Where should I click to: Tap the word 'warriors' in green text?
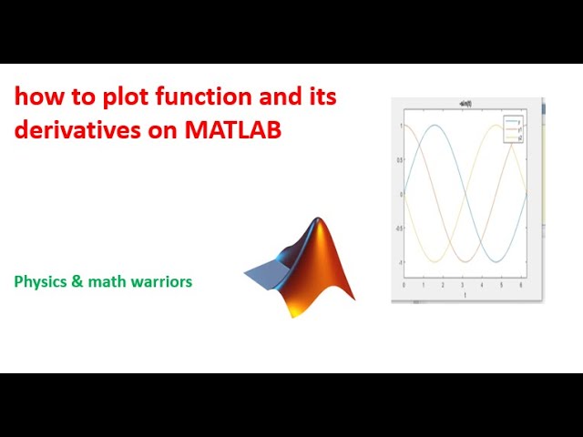pyautogui.click(x=162, y=281)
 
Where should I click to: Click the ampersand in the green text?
pyautogui.click(x=78, y=281)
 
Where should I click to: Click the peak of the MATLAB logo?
pyautogui.click(x=317, y=221)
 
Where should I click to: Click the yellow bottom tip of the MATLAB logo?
pyautogui.click(x=293, y=312)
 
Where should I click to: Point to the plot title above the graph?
pyautogui.click(x=465, y=107)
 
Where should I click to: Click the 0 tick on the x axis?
pyautogui.click(x=404, y=285)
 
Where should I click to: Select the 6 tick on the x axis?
pyautogui.click(x=521, y=285)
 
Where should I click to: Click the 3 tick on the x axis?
pyautogui.click(x=463, y=285)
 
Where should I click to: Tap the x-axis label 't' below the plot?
pyautogui.click(x=465, y=295)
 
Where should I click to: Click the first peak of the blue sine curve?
pyautogui.click(x=435, y=126)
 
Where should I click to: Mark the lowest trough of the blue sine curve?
pyautogui.click(x=496, y=262)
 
